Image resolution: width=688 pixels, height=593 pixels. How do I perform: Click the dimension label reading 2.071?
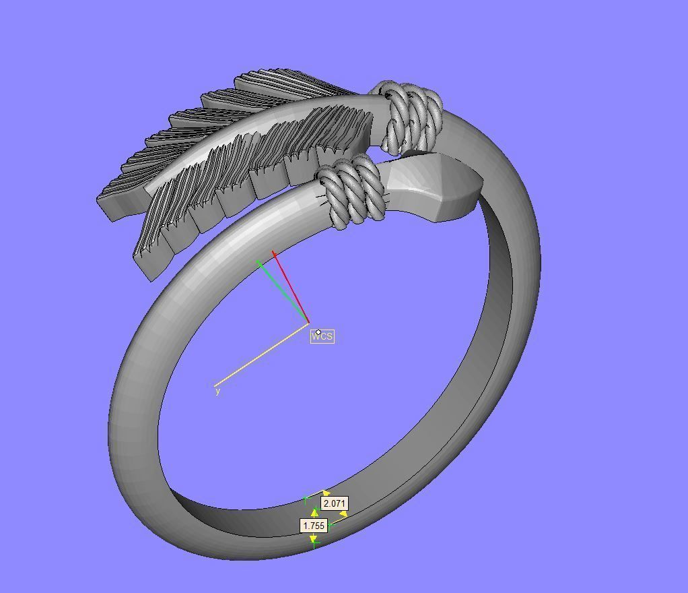pyautogui.click(x=335, y=503)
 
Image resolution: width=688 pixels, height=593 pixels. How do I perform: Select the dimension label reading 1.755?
pyautogui.click(x=314, y=526)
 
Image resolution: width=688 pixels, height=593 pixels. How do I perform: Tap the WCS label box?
pyautogui.click(x=322, y=336)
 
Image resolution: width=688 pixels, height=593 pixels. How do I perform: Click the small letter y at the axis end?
pyautogui.click(x=217, y=391)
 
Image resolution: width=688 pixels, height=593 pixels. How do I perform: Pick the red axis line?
pyautogui.click(x=291, y=287)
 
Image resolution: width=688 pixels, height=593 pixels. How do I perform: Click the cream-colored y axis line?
pyautogui.click(x=263, y=354)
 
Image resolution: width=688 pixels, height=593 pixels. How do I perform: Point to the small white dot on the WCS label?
pyautogui.click(x=318, y=332)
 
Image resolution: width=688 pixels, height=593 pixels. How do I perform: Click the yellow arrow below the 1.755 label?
pyautogui.click(x=313, y=538)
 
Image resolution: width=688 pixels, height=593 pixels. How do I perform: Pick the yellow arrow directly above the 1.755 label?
pyautogui.click(x=314, y=513)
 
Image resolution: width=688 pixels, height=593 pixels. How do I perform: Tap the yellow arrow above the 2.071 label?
pyautogui.click(x=326, y=493)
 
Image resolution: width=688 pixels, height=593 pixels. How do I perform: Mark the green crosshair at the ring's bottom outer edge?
pyautogui.click(x=314, y=544)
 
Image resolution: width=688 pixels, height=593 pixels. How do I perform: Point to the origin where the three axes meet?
pyautogui.click(x=308, y=323)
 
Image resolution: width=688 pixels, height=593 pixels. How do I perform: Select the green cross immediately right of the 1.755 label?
pyautogui.click(x=331, y=524)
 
